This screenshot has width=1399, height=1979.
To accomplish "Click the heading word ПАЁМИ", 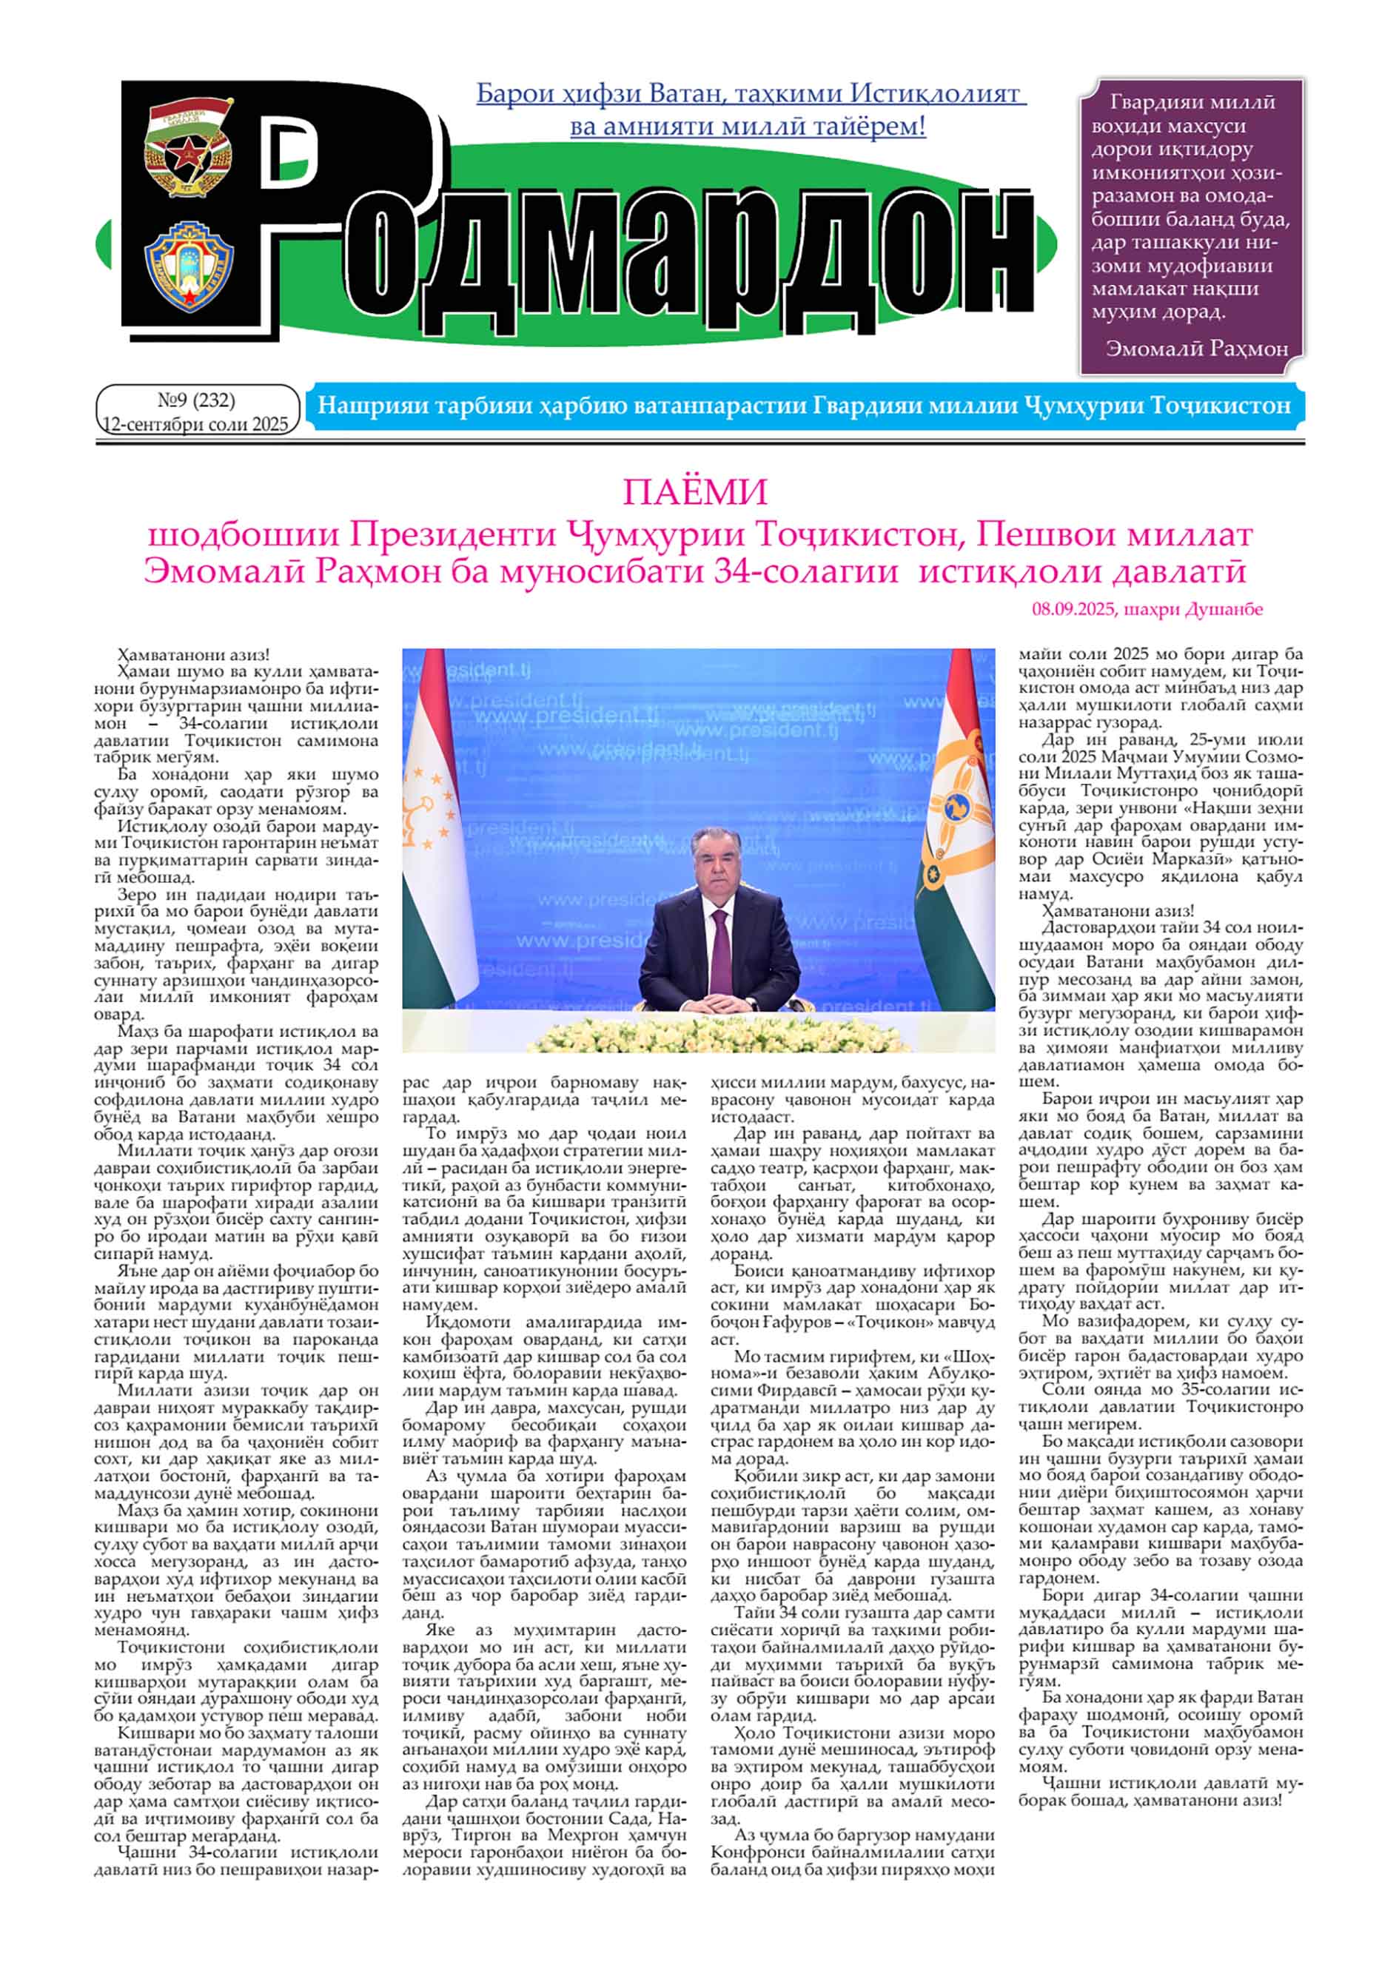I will pos(695,492).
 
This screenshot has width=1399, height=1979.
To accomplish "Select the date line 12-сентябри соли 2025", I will pos(195,424).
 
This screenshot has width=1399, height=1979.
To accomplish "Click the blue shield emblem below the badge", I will pos(188,266).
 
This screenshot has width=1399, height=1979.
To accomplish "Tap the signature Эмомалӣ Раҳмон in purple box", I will pos(1196,349).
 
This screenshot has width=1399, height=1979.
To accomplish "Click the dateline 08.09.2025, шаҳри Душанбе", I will pos(1147,609).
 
